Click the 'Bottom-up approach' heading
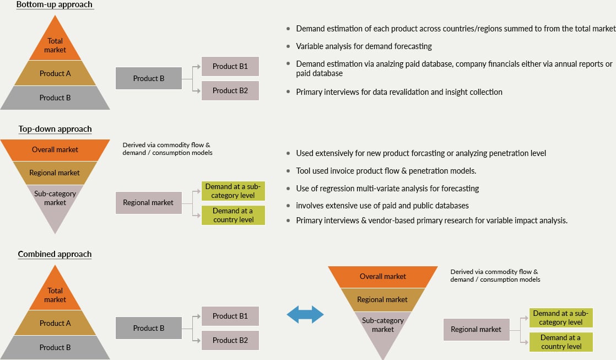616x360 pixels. pyautogui.click(x=55, y=5)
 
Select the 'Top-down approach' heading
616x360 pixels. pyautogui.click(x=55, y=129)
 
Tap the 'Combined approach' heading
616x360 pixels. pyautogui.click(x=55, y=254)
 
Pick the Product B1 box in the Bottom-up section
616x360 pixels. pyautogui.click(x=230, y=66)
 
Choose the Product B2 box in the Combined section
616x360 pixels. pyautogui.click(x=230, y=340)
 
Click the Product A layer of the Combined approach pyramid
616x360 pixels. pyautogui.click(x=55, y=324)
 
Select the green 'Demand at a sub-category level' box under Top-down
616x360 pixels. pyautogui.click(x=233, y=191)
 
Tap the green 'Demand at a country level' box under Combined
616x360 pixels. pyautogui.click(x=561, y=342)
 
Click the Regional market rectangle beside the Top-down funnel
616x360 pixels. pyautogui.click(x=148, y=203)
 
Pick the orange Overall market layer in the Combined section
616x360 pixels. pyautogui.click(x=383, y=277)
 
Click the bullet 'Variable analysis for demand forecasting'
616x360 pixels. pyautogui.click(x=364, y=46)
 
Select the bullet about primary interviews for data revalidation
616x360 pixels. pyautogui.click(x=399, y=92)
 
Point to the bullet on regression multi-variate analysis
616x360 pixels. pyautogui.click(x=387, y=189)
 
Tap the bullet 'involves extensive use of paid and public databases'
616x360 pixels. pyautogui.click(x=382, y=206)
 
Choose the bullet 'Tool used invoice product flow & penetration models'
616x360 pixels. pyautogui.click(x=386, y=171)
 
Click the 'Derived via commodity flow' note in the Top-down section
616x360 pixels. pyautogui.click(x=167, y=149)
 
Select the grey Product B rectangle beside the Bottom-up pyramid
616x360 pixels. pyautogui.click(x=149, y=78)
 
